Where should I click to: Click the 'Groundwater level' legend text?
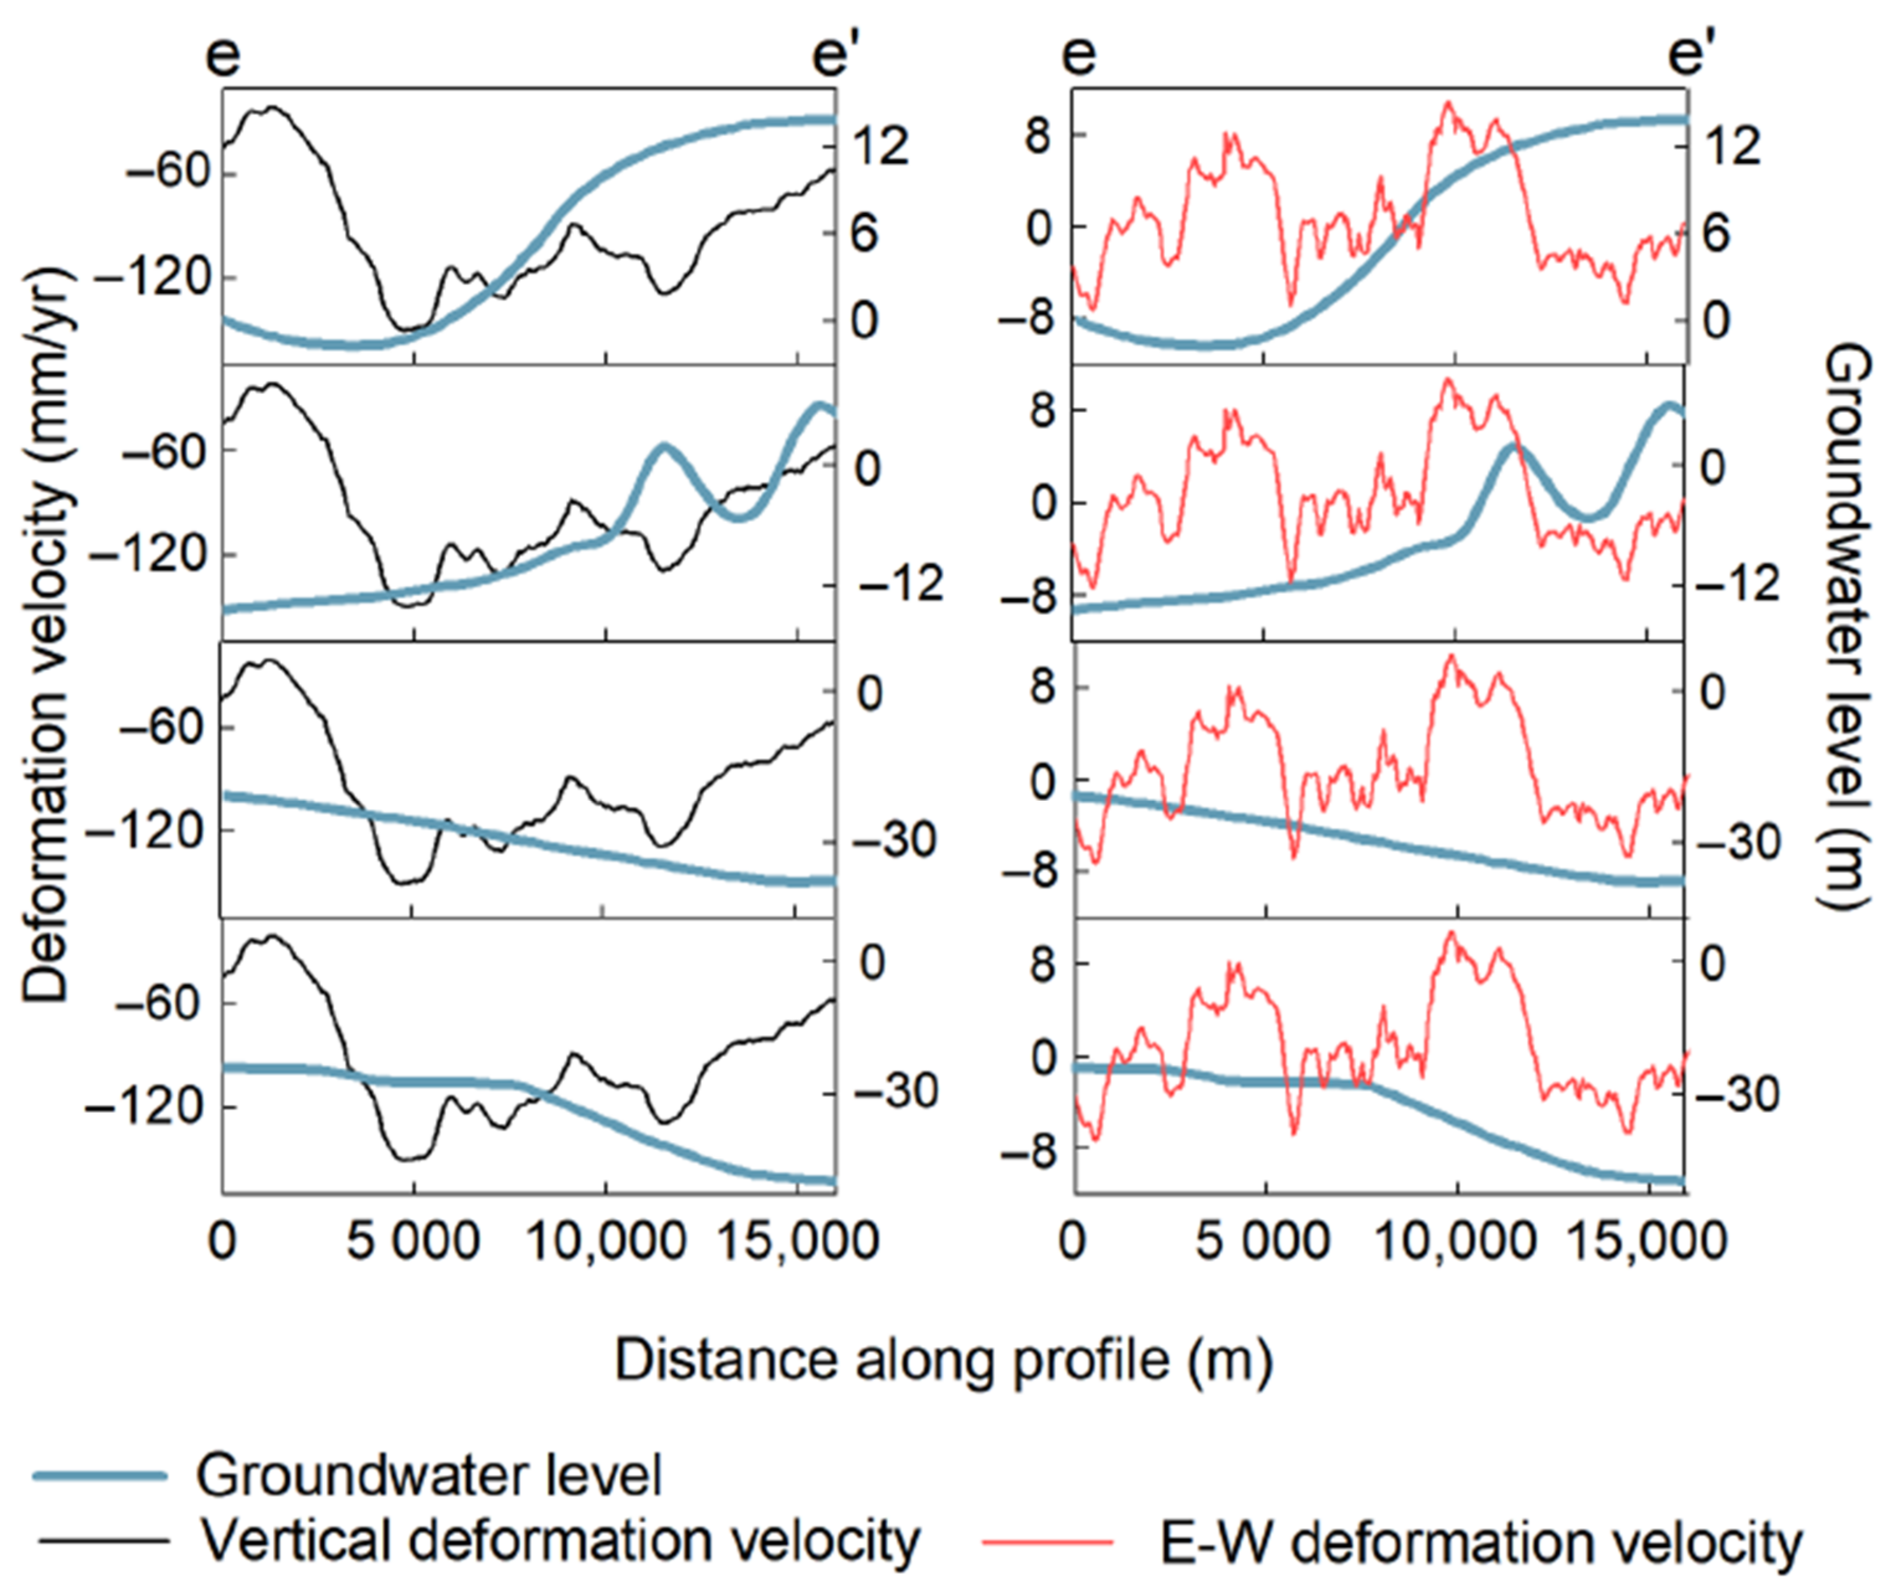pyautogui.click(x=429, y=1475)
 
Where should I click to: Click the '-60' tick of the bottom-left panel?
pyautogui.click(x=167, y=1003)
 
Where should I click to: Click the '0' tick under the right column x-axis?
pyautogui.click(x=1075, y=1241)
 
